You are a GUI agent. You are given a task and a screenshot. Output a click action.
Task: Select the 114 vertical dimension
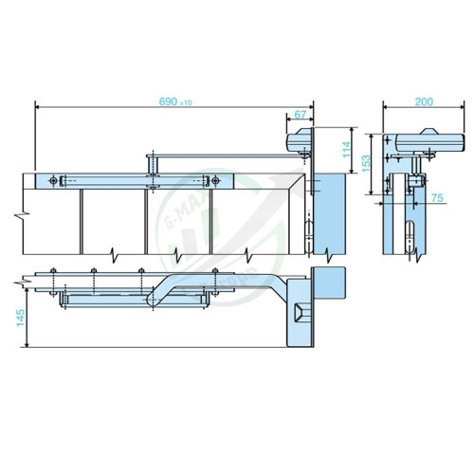point(347,149)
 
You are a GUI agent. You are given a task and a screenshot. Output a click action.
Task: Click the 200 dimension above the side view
point(424,100)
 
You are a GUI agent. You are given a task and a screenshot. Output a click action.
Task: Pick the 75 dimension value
point(437,198)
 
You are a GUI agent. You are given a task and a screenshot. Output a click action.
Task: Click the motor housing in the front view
point(299,139)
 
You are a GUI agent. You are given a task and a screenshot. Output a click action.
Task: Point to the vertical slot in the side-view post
point(410,234)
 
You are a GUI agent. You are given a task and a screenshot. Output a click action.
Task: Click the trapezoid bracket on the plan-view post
point(301,312)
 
